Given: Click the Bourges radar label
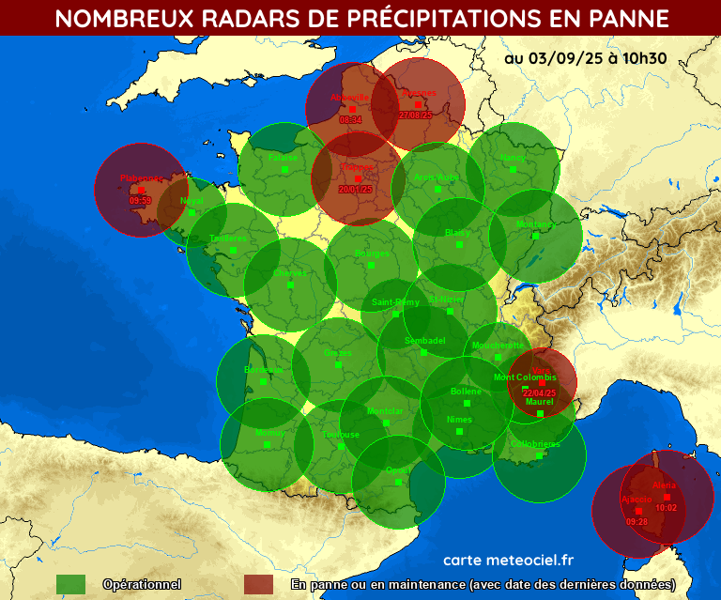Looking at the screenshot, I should (x=372, y=254).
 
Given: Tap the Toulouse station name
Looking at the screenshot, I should (x=342, y=435).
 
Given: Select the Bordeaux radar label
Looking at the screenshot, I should (x=264, y=370).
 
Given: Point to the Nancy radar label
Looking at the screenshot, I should (x=513, y=157).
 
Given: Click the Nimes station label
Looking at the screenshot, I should (x=459, y=420).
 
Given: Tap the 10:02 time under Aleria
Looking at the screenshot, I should (x=667, y=508).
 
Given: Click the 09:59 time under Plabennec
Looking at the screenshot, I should (x=140, y=201).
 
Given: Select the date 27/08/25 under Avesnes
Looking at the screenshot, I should (x=415, y=115).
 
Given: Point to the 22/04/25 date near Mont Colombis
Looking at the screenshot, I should (x=541, y=392).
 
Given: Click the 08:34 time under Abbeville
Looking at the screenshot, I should (x=350, y=120).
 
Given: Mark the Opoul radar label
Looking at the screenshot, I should (x=398, y=470).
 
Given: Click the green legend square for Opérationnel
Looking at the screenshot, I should (x=70, y=584).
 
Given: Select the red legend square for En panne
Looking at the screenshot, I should (x=258, y=584).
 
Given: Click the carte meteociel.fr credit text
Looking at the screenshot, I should (x=507, y=560).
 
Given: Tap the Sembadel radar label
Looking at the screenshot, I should (x=424, y=340).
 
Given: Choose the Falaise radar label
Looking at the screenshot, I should (x=283, y=158).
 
